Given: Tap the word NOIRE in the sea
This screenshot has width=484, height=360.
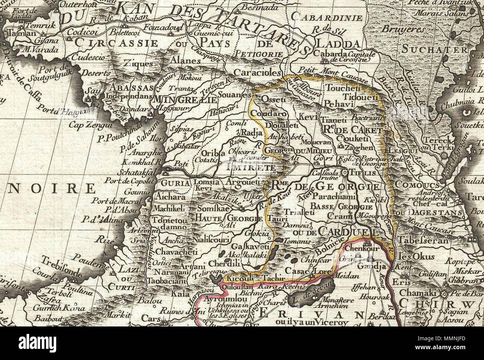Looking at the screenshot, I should (52, 188).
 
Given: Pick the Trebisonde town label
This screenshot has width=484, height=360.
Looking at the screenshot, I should (62, 267).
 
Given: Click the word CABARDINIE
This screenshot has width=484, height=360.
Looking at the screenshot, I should (327, 17).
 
